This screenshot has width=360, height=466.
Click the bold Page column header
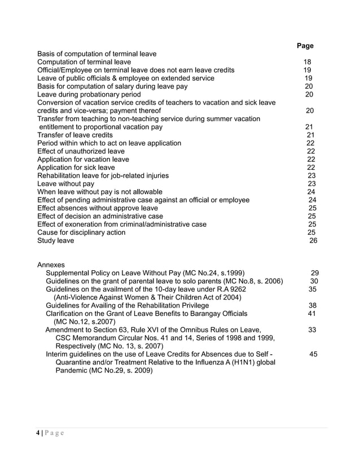(x=305, y=46)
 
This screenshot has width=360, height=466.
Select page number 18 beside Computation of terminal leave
(x=308, y=62)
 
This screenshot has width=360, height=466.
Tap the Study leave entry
(x=55, y=240)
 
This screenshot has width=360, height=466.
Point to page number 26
(x=314, y=240)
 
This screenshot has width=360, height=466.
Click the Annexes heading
(x=51, y=265)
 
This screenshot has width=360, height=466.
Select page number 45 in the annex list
(x=314, y=354)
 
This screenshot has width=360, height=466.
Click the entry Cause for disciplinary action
(x=81, y=232)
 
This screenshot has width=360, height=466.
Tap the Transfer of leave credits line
(x=75, y=135)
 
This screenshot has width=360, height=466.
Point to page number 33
(x=312, y=330)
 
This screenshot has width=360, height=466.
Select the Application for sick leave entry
(x=76, y=168)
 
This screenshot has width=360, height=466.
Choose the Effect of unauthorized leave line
(x=81, y=151)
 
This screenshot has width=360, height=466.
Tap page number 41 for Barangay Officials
(x=311, y=314)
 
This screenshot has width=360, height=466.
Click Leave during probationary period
(x=89, y=94)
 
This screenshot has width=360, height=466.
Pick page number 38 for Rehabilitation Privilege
(x=312, y=305)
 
